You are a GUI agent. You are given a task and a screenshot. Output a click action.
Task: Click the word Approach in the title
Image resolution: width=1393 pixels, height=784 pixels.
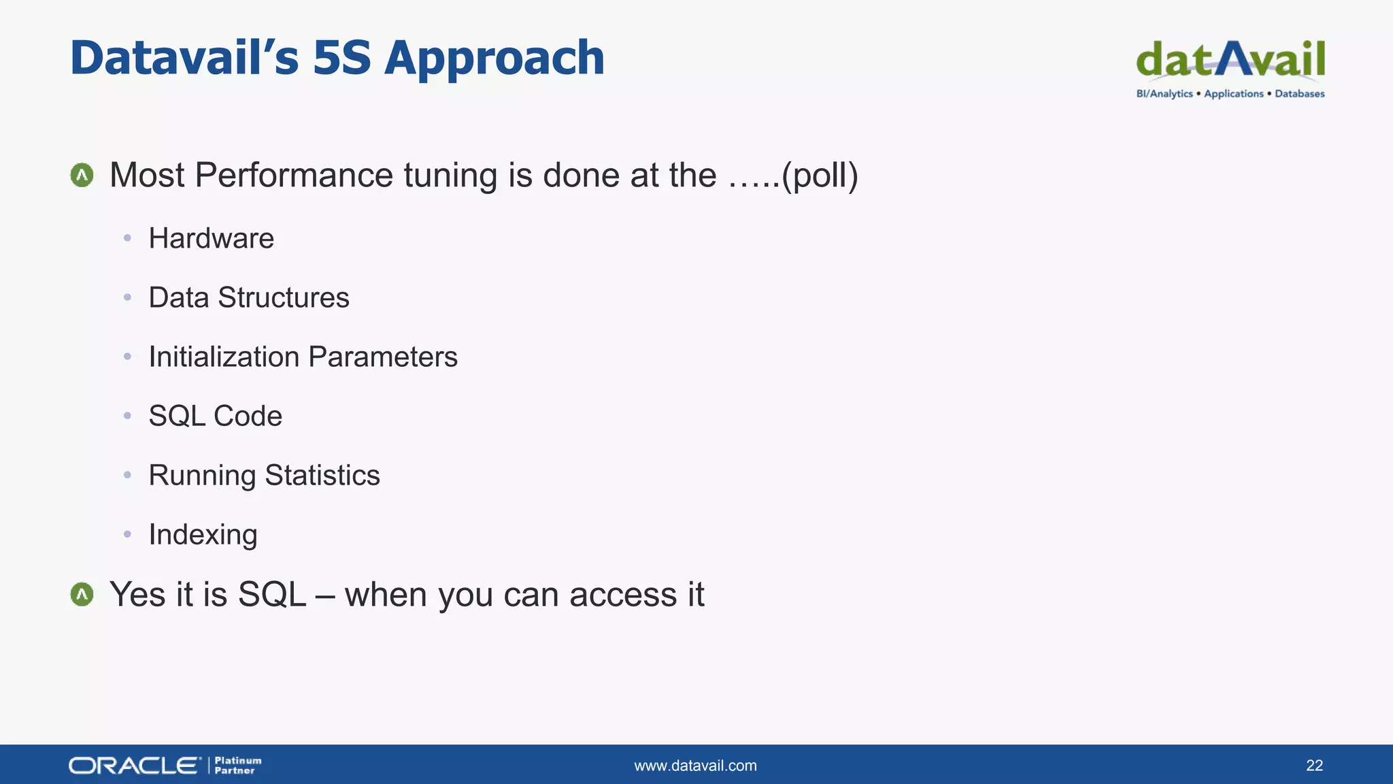494,59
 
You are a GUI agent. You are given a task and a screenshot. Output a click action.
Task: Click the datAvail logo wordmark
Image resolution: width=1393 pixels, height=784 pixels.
1230,60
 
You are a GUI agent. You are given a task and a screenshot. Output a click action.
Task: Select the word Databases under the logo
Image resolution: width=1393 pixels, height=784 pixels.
1299,94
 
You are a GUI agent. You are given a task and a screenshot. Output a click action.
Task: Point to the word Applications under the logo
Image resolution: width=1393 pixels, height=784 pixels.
1233,94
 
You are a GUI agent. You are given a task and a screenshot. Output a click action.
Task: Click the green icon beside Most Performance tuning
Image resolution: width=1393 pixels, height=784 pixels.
82,176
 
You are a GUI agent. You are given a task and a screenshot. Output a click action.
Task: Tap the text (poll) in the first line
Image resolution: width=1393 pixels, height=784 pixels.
820,176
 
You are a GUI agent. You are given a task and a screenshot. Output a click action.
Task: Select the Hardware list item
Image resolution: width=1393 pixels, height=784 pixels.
211,239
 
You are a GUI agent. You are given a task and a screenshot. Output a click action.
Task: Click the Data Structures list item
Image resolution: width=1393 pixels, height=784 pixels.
249,298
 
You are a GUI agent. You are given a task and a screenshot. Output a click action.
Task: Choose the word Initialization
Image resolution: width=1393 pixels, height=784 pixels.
224,357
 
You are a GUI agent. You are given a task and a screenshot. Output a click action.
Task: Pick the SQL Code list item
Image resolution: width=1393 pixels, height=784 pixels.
215,416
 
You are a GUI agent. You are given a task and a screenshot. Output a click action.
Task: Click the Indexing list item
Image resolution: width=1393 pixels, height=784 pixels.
203,535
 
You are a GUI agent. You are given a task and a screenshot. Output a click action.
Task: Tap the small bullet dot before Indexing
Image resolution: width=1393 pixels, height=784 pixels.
127,535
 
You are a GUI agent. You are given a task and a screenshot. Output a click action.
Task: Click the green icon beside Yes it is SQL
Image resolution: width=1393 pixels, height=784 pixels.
82,595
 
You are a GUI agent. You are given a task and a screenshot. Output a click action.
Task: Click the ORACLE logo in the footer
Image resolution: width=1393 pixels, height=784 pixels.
135,766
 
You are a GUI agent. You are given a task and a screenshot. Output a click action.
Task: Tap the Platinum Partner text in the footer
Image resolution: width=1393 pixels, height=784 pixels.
237,766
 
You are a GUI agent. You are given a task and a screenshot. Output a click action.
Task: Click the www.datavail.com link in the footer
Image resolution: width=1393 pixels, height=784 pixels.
695,766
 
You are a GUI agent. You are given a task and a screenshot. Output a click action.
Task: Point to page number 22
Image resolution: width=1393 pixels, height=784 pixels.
1314,766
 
